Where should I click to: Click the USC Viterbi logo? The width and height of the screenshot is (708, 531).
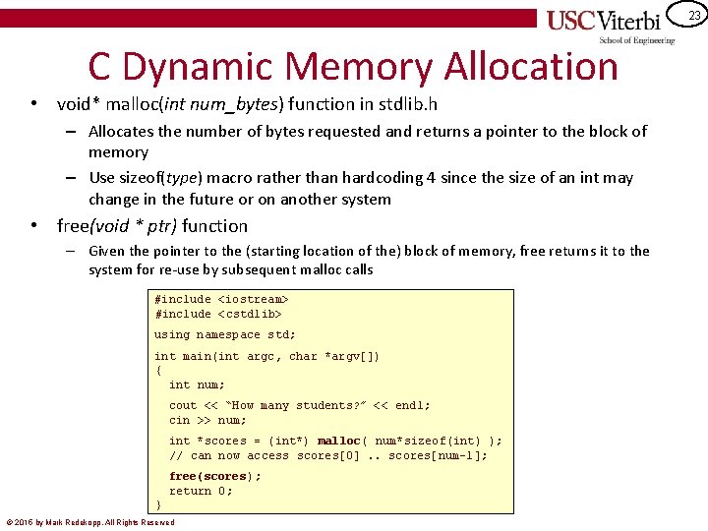pyautogui.click(x=610, y=22)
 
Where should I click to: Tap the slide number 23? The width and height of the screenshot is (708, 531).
pyautogui.click(x=694, y=16)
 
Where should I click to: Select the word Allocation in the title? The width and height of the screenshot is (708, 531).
pyautogui.click(x=531, y=66)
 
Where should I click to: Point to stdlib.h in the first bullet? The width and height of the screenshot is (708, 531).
pyautogui.click(x=408, y=103)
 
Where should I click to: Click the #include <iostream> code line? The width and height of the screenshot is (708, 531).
pyautogui.click(x=221, y=299)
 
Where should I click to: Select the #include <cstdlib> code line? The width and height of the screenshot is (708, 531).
pyautogui.click(x=217, y=314)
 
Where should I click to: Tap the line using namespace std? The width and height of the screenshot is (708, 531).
pyautogui.click(x=224, y=334)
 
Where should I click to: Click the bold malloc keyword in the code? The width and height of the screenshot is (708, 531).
pyautogui.click(x=339, y=441)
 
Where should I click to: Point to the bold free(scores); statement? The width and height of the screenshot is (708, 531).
pyautogui.click(x=215, y=476)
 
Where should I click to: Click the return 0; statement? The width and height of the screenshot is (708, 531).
pyautogui.click(x=201, y=491)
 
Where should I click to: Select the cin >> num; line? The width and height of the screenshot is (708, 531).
pyautogui.click(x=207, y=420)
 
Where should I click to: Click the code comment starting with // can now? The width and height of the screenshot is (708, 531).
pyautogui.click(x=327, y=455)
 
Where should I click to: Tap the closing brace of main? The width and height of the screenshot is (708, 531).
pyautogui.click(x=158, y=504)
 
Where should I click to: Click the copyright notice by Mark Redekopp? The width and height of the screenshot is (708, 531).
pyautogui.click(x=90, y=522)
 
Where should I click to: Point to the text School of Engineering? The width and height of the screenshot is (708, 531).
pyautogui.click(x=637, y=40)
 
